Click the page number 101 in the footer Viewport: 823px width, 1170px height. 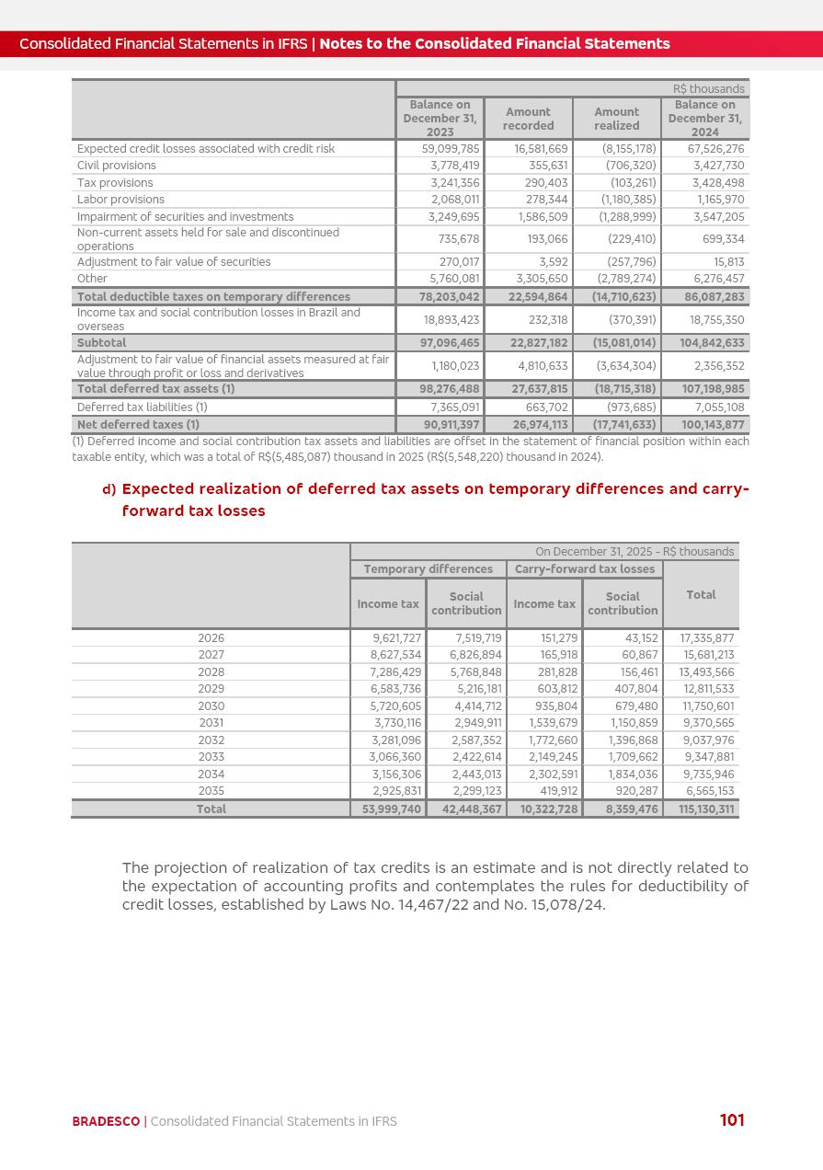tap(732, 1119)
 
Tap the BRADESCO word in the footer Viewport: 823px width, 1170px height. tap(106, 1121)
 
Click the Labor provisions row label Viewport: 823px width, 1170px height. tap(120, 199)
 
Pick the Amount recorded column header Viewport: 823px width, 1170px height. tap(528, 119)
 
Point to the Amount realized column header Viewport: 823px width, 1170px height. tap(616, 119)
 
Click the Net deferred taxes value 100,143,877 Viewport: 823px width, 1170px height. tap(707, 424)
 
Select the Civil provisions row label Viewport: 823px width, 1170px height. tap(117, 166)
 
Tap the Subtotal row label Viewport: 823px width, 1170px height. tap(101, 342)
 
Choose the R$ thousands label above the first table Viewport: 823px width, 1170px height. tap(708, 88)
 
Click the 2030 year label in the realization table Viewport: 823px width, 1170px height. tap(211, 705)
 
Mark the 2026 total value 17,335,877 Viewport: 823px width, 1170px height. tap(706, 637)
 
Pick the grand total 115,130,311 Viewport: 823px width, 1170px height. tap(706, 809)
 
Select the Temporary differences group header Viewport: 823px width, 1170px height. tap(428, 568)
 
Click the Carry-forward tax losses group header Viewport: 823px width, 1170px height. tap(584, 568)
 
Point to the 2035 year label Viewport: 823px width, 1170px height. tap(211, 790)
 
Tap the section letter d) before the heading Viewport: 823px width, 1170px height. tap(109, 489)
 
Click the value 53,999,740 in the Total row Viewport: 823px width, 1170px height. tap(387, 809)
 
